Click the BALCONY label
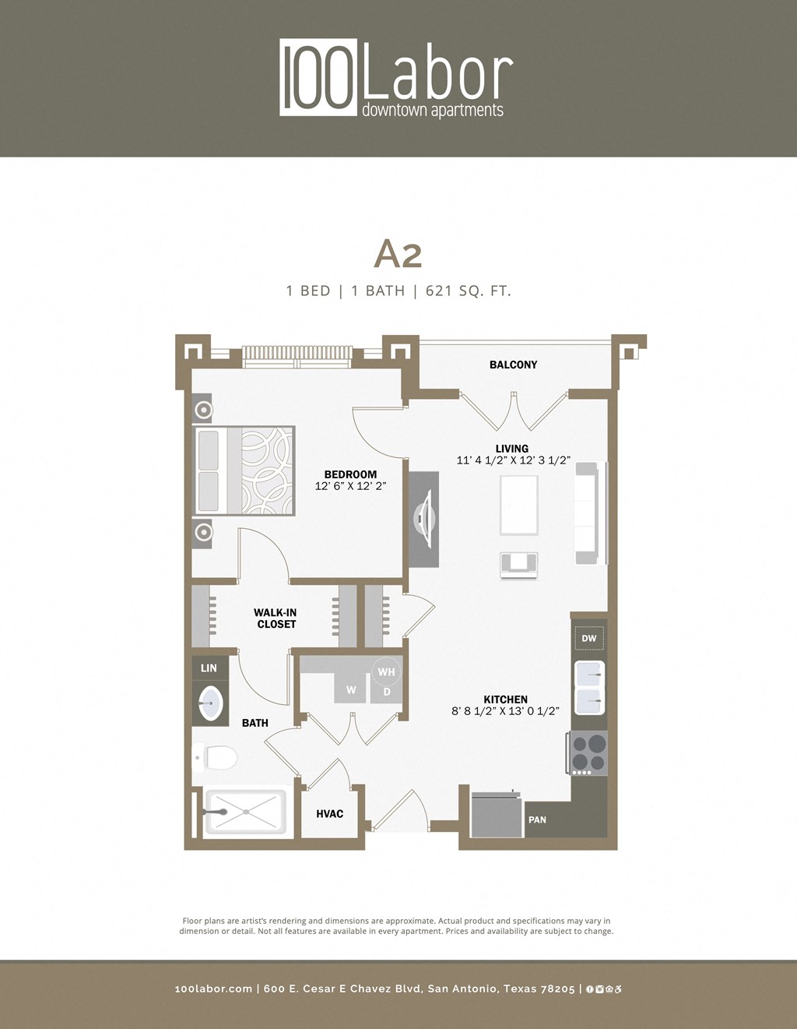point(513,365)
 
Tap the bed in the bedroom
point(244,470)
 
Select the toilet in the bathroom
point(217,756)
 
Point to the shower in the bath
point(244,812)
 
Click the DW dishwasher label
point(589,639)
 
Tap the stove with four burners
point(589,752)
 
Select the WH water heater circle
point(386,671)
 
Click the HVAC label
point(329,814)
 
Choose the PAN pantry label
point(537,820)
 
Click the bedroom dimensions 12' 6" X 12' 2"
point(350,486)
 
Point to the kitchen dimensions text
point(505,711)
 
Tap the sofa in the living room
point(587,513)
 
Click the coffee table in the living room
point(519,506)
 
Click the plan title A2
point(398,253)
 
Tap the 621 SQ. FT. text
point(468,291)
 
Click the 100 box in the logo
point(318,78)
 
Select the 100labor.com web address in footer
point(213,989)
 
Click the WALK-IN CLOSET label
point(276,618)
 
